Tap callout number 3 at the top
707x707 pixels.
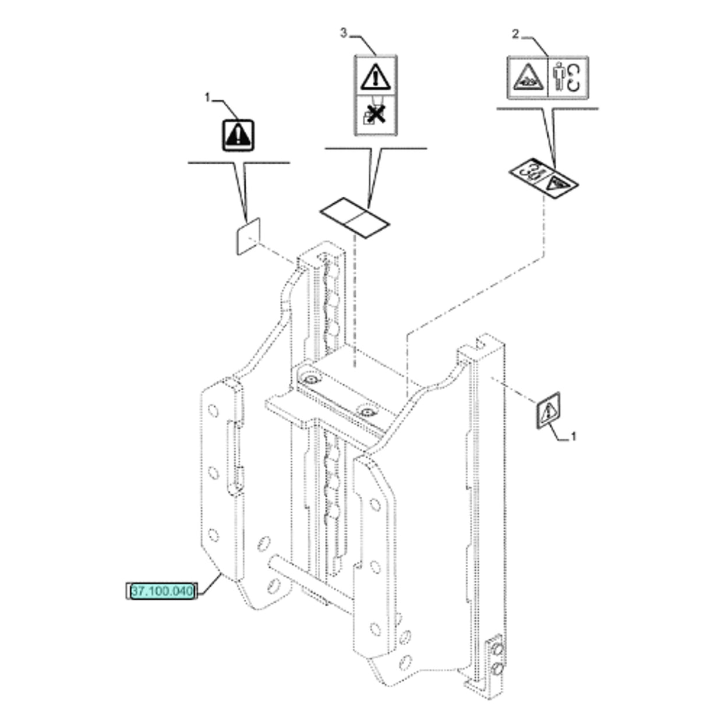344,33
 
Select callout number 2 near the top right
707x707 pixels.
515,34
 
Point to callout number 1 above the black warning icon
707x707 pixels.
208,98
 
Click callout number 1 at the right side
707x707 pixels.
574,437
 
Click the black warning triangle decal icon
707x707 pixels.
238,135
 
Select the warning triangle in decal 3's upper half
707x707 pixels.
375,77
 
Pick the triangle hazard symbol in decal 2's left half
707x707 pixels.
528,77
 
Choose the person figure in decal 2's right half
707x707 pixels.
559,76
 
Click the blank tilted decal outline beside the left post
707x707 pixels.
249,236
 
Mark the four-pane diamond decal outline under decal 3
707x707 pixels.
355,218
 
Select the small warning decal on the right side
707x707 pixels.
549,410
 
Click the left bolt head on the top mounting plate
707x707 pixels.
312,380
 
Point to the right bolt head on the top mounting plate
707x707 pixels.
367,412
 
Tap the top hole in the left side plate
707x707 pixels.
213,410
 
